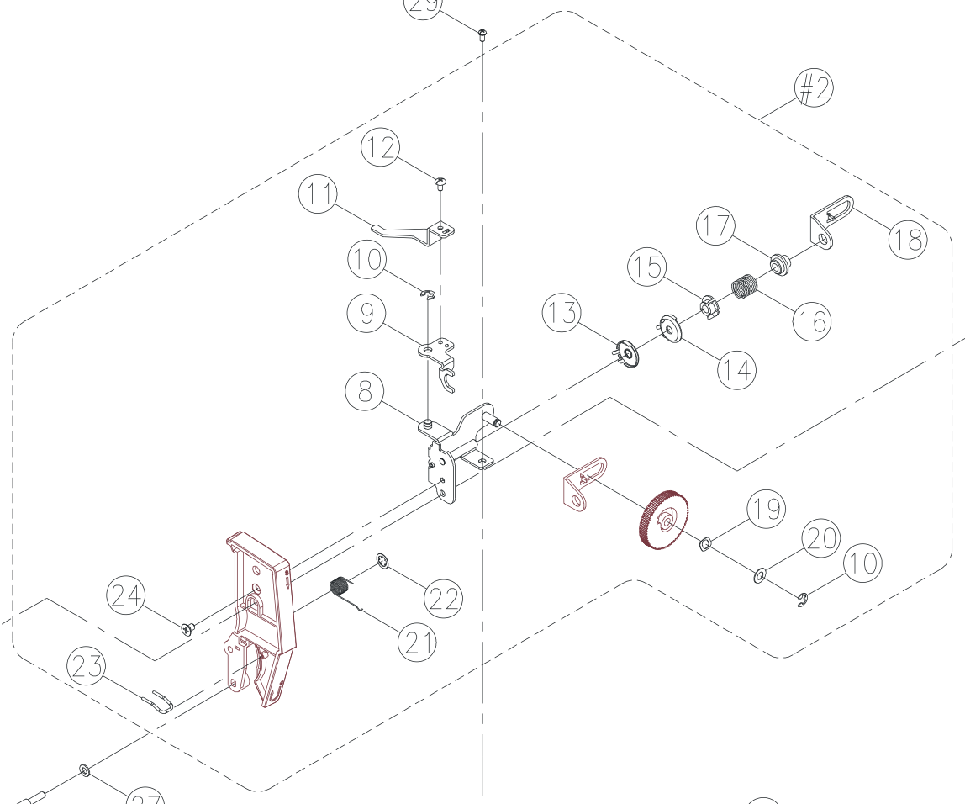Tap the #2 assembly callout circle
click(x=813, y=87)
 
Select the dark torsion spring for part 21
click(x=340, y=586)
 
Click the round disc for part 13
click(x=627, y=353)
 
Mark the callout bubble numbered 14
click(x=736, y=368)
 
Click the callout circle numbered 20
click(x=820, y=540)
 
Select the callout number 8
click(x=366, y=393)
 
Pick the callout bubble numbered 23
click(x=87, y=668)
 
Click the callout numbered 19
click(x=766, y=510)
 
